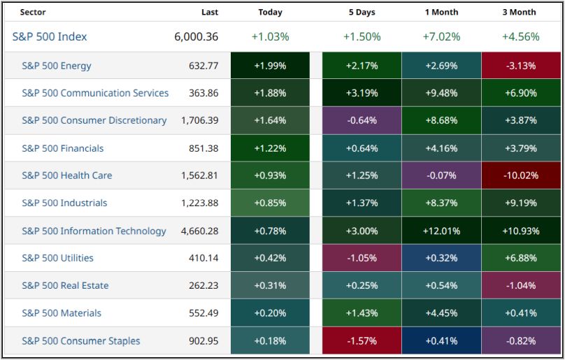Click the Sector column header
pos(33,12)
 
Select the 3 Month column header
pos(520,12)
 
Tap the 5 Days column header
pos(361,12)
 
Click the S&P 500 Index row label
pos(50,37)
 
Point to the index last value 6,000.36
pos(196,37)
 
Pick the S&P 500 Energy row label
pos(57,66)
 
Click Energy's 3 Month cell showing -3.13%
pos(520,66)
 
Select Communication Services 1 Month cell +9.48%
pos(441,93)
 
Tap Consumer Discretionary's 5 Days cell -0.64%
pos(361,120)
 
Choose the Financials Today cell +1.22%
pos(270,148)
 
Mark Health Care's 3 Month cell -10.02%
pos(520,175)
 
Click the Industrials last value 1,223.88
pos(198,203)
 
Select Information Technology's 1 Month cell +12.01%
pos(441,231)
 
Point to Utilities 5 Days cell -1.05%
pos(361,258)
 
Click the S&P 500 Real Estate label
pos(65,285)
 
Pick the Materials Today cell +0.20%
pos(270,313)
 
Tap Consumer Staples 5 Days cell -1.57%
pos(361,340)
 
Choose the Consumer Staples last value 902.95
pos(203,340)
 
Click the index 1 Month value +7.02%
pos(441,37)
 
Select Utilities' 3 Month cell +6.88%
pos(520,258)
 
